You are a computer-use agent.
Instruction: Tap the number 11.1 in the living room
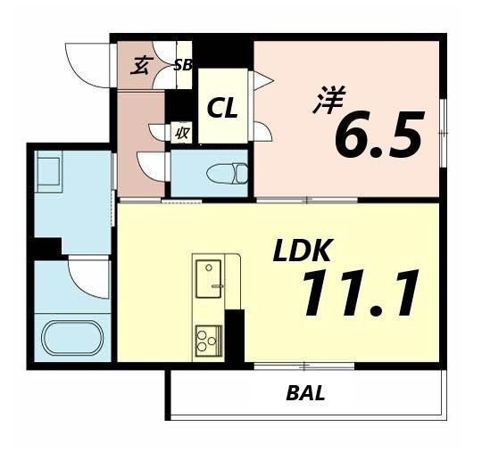click(x=360, y=293)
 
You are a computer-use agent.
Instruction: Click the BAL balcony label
click(x=305, y=393)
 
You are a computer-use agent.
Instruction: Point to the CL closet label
click(x=222, y=109)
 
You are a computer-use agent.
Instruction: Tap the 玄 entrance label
click(x=139, y=65)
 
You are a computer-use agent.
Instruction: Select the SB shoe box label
click(x=183, y=64)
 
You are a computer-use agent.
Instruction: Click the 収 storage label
click(x=181, y=133)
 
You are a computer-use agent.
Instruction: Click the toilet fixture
click(x=223, y=172)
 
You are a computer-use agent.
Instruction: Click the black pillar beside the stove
click(x=235, y=334)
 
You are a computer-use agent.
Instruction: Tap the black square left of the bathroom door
click(x=47, y=248)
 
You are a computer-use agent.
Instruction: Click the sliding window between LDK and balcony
click(x=304, y=365)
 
